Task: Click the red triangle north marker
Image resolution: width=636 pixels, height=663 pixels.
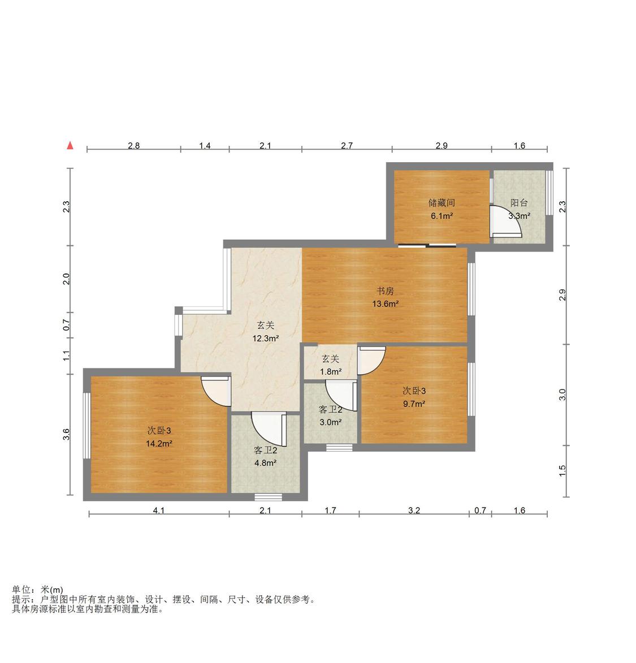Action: coord(70,145)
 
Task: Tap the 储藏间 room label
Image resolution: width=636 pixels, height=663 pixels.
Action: coord(442,203)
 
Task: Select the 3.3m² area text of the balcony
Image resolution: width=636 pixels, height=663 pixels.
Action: coord(519,216)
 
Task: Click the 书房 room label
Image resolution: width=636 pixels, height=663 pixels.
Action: coord(385,291)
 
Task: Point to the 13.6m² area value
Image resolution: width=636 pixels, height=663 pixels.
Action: coord(385,304)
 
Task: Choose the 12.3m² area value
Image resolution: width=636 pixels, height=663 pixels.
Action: coord(265,338)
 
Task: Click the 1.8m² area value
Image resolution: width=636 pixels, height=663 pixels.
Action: coord(330,372)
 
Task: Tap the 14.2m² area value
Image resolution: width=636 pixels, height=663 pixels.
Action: coord(159,444)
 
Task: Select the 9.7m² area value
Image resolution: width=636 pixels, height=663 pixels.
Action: coord(414,404)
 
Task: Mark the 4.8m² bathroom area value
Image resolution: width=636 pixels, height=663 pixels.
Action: coord(265,463)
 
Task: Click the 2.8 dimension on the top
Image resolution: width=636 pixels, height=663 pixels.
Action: coord(133,145)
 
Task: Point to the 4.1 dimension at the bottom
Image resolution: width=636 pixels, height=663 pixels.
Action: coord(159,510)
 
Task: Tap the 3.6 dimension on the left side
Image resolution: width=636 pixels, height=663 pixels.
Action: coord(66,434)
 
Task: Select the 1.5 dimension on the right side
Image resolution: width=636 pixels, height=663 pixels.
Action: coord(562,471)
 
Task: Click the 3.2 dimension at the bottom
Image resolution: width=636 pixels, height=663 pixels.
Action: coord(414,510)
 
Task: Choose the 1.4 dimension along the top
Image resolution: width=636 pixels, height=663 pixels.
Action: coord(205,145)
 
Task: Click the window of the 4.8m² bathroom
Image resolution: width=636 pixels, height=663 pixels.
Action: coord(268,497)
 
